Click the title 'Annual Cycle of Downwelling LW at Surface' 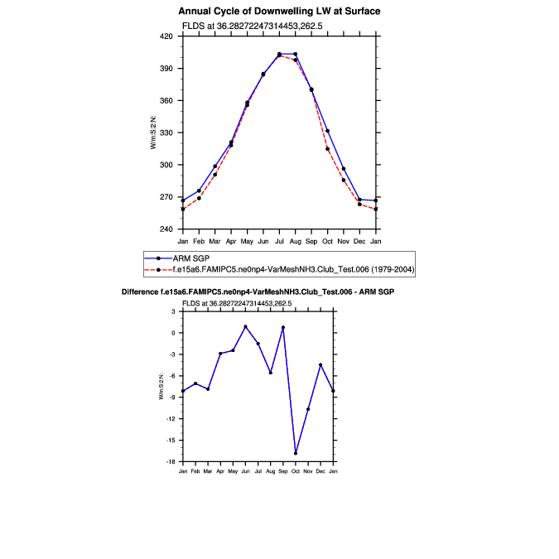click(x=279, y=12)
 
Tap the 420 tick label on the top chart click(x=166, y=37)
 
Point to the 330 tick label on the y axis click(x=166, y=133)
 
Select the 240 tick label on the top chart click(x=166, y=229)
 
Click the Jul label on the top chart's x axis click(x=279, y=241)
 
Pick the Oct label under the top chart click(x=327, y=241)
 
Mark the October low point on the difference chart click(x=296, y=453)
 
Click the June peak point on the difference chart click(x=245, y=326)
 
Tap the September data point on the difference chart click(x=282, y=327)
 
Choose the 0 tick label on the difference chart click(x=173, y=333)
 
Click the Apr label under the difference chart click(x=220, y=470)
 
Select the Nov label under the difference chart click(x=308, y=470)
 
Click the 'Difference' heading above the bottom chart click(x=258, y=292)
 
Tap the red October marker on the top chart click(x=327, y=149)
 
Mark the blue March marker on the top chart click(x=214, y=166)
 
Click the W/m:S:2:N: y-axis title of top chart click(x=154, y=133)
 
